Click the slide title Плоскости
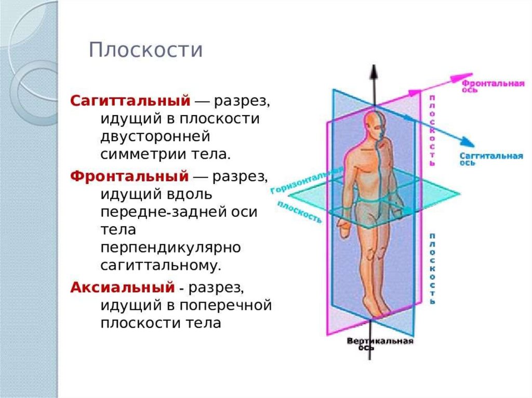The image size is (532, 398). pos(145,51)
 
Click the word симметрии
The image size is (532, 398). pos(137,154)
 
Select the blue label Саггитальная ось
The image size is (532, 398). pos(490,158)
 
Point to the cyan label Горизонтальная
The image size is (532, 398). pos(307,181)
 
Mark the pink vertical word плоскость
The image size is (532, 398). pos(432,130)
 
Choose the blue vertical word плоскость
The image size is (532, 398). pos(432,269)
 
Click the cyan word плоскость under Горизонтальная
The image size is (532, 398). pos(300,212)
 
